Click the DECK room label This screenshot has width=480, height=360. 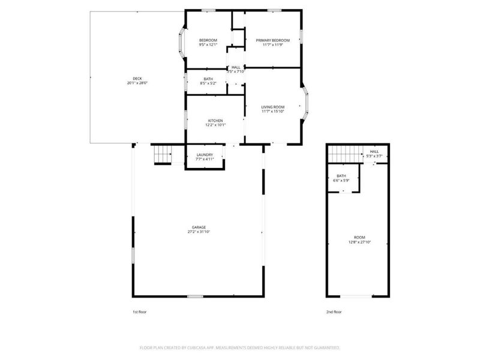(137, 79)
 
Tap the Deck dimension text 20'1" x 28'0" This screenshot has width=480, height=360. (137, 83)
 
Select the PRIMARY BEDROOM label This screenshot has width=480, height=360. (273, 40)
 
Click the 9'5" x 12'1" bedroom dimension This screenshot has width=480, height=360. (208, 45)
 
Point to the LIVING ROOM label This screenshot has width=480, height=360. (273, 106)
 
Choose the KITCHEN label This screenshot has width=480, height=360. (215, 121)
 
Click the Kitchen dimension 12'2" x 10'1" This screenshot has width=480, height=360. (215, 125)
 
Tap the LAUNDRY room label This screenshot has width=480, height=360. (205, 155)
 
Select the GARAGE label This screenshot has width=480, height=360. (199, 227)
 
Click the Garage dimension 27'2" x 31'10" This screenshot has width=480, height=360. (199, 232)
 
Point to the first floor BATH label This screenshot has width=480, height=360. (208, 79)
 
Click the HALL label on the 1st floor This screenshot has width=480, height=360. (236, 67)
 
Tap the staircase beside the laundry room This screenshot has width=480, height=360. (163, 154)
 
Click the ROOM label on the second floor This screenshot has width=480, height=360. (359, 237)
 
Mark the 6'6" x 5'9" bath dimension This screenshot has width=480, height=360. (341, 181)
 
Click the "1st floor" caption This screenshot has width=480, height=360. (139, 312)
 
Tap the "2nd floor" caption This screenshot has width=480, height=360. (334, 312)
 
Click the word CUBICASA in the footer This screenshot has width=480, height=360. (188, 347)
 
